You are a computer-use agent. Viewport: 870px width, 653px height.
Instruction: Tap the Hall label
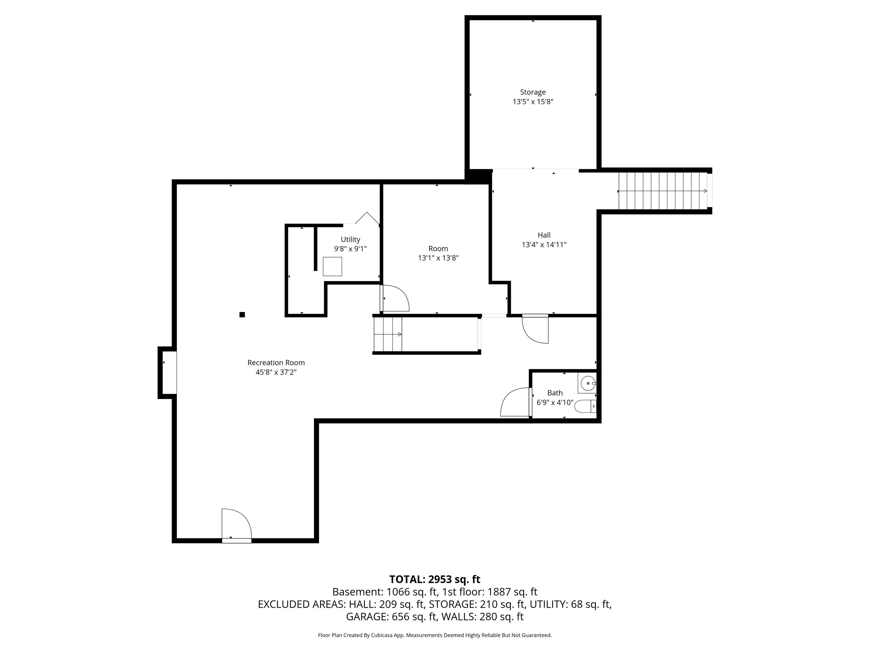click(544, 235)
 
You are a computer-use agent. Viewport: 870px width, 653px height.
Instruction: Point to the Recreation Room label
click(276, 362)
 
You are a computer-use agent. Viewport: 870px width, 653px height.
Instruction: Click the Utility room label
click(350, 239)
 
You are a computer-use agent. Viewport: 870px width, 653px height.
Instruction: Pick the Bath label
click(555, 393)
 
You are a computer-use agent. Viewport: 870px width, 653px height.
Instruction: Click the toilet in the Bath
click(586, 406)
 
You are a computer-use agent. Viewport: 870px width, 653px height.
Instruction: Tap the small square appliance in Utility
click(332, 266)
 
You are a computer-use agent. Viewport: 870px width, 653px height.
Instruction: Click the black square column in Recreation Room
click(242, 315)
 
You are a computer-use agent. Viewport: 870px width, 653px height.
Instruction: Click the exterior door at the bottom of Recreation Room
click(236, 526)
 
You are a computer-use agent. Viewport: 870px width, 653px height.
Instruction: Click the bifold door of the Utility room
click(367, 219)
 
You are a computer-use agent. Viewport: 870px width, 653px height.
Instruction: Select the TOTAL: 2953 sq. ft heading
click(435, 579)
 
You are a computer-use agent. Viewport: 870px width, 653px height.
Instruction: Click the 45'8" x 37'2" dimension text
click(276, 372)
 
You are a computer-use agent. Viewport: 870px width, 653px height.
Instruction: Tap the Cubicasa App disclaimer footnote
click(435, 635)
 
